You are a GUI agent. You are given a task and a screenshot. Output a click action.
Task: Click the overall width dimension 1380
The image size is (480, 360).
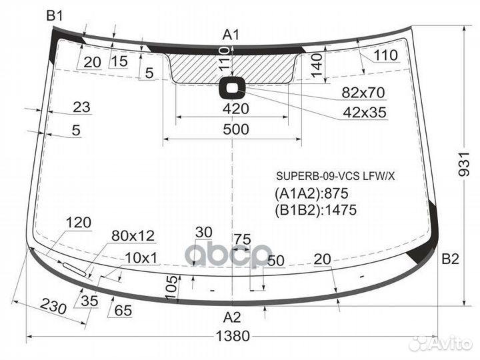pos(233,336)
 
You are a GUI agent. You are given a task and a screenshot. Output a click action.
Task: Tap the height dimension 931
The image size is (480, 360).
pos(464,164)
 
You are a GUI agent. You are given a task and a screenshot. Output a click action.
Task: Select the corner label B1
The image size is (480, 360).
pos(55,15)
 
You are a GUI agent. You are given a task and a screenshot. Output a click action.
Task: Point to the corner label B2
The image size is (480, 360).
pos(450,259)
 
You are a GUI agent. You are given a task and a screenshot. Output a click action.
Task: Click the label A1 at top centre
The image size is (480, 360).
pos(231,35)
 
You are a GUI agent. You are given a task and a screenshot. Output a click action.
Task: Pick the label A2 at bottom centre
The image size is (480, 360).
pos(232,317)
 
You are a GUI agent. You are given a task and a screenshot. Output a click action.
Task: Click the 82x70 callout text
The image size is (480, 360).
pos(363,93)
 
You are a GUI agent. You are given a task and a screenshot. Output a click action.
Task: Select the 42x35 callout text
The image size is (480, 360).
pos(365,113)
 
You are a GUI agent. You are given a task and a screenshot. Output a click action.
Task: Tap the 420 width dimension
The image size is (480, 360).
pos(236,109)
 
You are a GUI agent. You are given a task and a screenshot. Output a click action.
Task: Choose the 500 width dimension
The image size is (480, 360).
pos(236,129)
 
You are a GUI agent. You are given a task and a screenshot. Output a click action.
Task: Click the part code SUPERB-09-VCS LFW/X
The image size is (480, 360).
pos(335,176)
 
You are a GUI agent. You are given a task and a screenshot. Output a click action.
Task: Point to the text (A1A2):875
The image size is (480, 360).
pos(311,193)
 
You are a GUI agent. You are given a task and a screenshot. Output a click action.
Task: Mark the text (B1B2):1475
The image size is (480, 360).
pos(315,210)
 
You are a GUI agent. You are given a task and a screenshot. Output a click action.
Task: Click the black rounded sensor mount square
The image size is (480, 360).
pos(232,88)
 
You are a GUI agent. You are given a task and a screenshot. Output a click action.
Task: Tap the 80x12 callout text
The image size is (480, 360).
pos(133,236)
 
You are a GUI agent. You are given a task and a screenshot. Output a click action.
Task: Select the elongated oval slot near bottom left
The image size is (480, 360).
pos(74,269)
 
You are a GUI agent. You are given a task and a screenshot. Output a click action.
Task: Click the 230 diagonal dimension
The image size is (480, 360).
pos(53,306)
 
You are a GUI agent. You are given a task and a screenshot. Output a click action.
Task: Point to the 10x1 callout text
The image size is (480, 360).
pos(141,258)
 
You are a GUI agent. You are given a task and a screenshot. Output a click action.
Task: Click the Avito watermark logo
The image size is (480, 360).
pos(441,344)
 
